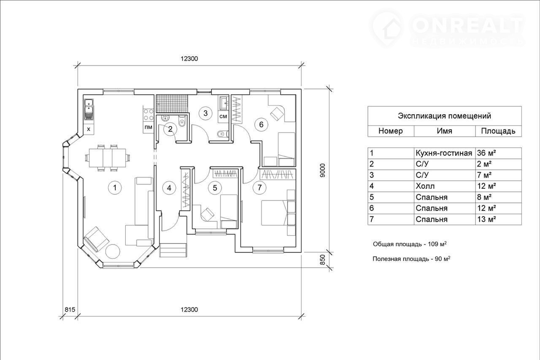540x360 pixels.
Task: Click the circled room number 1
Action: (115, 188)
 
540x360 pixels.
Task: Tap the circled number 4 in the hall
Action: (169, 188)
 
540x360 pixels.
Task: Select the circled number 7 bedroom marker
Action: (259, 188)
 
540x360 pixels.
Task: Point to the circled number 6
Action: (261, 124)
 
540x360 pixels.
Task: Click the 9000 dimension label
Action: (323, 171)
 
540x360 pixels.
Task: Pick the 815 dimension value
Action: (70, 309)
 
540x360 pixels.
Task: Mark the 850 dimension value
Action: (323, 260)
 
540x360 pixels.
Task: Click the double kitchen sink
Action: (89, 110)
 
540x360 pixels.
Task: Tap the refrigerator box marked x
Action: (89, 129)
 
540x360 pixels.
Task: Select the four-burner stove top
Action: (148, 115)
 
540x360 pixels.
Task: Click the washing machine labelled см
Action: (224, 117)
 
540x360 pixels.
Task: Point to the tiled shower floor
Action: (172, 103)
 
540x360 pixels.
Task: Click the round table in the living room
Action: (113, 252)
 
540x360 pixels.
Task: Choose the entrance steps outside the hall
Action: (173, 250)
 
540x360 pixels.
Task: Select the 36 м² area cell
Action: (498, 153)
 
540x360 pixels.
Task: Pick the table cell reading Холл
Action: (444, 186)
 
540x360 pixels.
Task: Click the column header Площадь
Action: (498, 131)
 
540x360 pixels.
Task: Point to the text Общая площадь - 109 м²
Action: (410, 244)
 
